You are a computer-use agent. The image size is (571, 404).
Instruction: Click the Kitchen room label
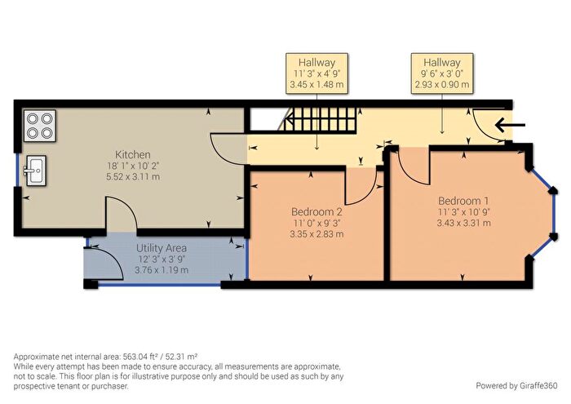pos(132,154)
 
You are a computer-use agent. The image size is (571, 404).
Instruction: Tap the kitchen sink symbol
pos(35,171)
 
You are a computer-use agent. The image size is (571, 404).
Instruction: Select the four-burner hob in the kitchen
pos(40,126)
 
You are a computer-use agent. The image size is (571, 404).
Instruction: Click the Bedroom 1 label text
pos(463,201)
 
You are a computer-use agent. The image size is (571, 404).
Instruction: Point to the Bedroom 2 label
pos(316,211)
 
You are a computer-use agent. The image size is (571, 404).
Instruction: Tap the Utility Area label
pos(162,248)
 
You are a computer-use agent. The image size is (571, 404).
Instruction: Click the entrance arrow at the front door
pos(510,126)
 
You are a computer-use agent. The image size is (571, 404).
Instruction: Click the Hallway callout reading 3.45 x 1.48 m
pos(316,73)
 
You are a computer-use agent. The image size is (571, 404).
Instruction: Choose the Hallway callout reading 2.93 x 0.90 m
pos(442,73)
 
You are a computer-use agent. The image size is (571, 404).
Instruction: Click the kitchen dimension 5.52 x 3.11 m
pos(133,177)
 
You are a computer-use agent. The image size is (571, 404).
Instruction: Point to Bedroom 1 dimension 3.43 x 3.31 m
pos(463,223)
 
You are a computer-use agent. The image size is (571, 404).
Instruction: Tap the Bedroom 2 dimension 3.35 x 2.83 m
pos(316,234)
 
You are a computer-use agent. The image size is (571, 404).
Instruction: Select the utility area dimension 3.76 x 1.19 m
pos(162,270)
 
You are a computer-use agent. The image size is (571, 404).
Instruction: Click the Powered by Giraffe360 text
pos(516,385)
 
